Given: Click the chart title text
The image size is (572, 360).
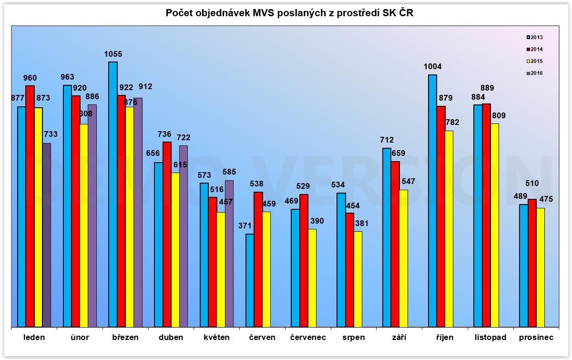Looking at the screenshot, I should coord(286,13).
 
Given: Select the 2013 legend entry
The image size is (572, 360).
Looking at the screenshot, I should coord(534,37).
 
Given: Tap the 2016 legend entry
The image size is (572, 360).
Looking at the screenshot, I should coord(534,73).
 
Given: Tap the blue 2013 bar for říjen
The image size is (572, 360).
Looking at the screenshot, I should coord(432,200).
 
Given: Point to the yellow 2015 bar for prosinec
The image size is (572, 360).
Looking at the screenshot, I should coord(540,267).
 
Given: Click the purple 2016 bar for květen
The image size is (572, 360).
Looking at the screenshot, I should coord(229,253).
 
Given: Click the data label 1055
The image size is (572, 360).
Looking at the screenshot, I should coord(113,54).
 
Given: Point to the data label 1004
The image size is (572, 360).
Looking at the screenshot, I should coord(432,67).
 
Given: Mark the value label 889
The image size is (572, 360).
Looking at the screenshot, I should coord(487,88).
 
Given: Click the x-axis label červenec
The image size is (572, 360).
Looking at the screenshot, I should coord(308,338).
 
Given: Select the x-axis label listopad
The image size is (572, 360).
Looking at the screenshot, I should coord(490,338).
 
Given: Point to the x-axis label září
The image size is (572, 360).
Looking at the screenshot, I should coord(399,338).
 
